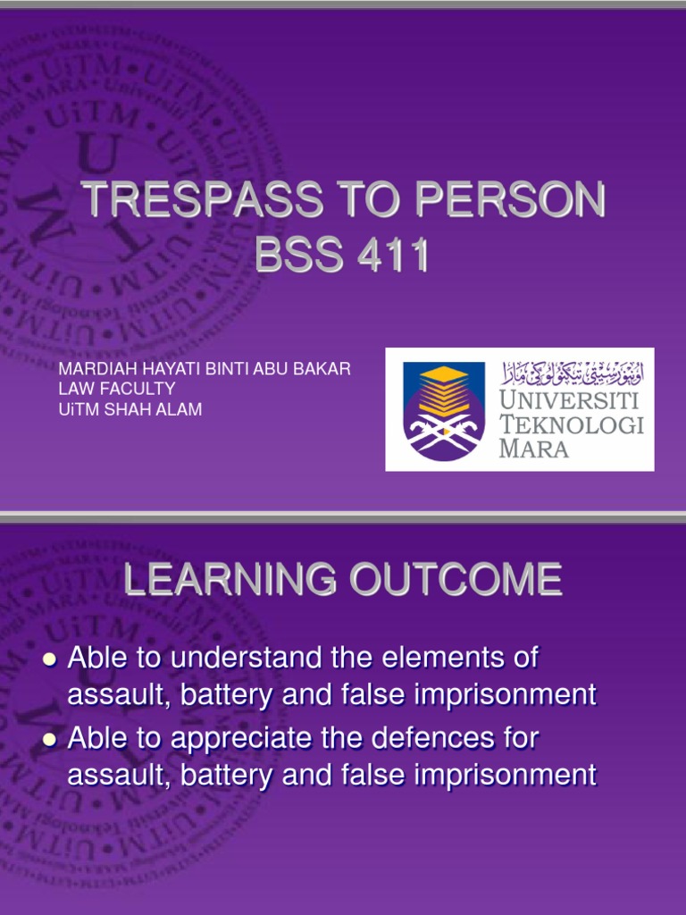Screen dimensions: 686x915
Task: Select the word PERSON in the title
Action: (510, 199)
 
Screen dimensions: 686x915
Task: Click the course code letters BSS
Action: (298, 255)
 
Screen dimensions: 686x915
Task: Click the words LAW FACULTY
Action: (117, 389)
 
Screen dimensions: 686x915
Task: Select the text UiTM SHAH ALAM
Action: (130, 409)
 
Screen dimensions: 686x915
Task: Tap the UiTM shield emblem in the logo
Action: (444, 411)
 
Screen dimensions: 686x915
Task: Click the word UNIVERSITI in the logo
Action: (569, 401)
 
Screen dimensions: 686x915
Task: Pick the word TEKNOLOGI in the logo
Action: (572, 424)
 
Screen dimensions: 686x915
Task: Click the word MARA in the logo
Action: (534, 449)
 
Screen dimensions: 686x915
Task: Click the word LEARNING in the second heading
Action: (230, 579)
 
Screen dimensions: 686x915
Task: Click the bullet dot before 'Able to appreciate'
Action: (50, 740)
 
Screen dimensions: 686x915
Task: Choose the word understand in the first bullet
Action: (247, 658)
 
